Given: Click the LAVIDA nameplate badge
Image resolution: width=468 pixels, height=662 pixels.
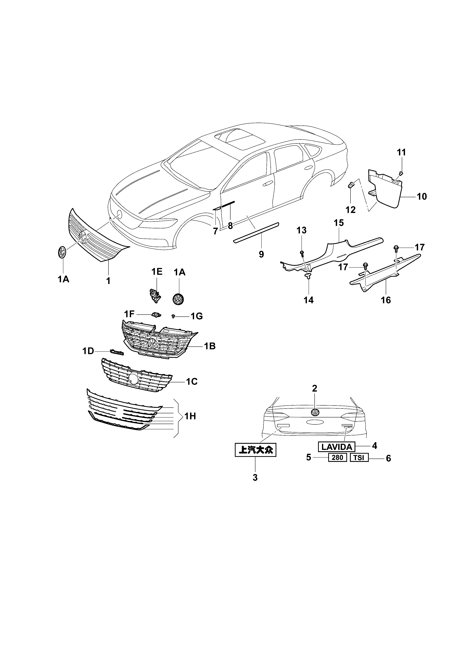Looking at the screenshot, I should coord(336,447).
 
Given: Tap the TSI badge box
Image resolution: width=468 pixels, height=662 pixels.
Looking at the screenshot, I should coord(359,458).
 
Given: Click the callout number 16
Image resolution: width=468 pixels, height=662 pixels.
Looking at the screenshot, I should coord(386,300).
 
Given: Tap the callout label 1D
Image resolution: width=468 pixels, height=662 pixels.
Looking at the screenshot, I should coord(88,351).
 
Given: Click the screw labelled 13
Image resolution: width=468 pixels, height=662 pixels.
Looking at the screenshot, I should coord(302,253).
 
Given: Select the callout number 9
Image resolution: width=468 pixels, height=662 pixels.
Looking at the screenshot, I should coord(261,254).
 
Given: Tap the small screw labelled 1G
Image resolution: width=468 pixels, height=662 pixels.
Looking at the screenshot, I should coord(174,316).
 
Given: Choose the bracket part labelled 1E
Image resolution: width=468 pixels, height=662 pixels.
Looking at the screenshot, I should coord(155,296).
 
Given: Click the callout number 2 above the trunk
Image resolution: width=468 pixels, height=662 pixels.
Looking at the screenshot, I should coord(314,388).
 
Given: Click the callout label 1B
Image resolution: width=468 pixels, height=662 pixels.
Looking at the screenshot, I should coord(210,346).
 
